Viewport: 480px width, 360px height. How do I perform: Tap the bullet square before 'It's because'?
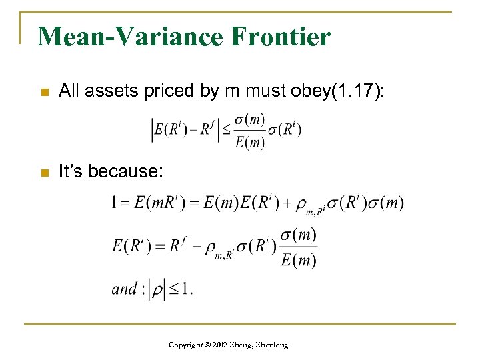coord(45,173)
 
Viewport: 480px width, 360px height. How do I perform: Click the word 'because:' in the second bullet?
coord(127,173)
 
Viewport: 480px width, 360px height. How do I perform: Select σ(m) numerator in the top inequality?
coord(251,119)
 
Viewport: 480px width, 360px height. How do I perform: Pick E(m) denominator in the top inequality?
coord(251,141)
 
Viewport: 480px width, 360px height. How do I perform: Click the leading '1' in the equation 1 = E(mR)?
coord(115,203)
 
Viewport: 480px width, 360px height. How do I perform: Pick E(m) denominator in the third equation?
coord(298,260)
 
